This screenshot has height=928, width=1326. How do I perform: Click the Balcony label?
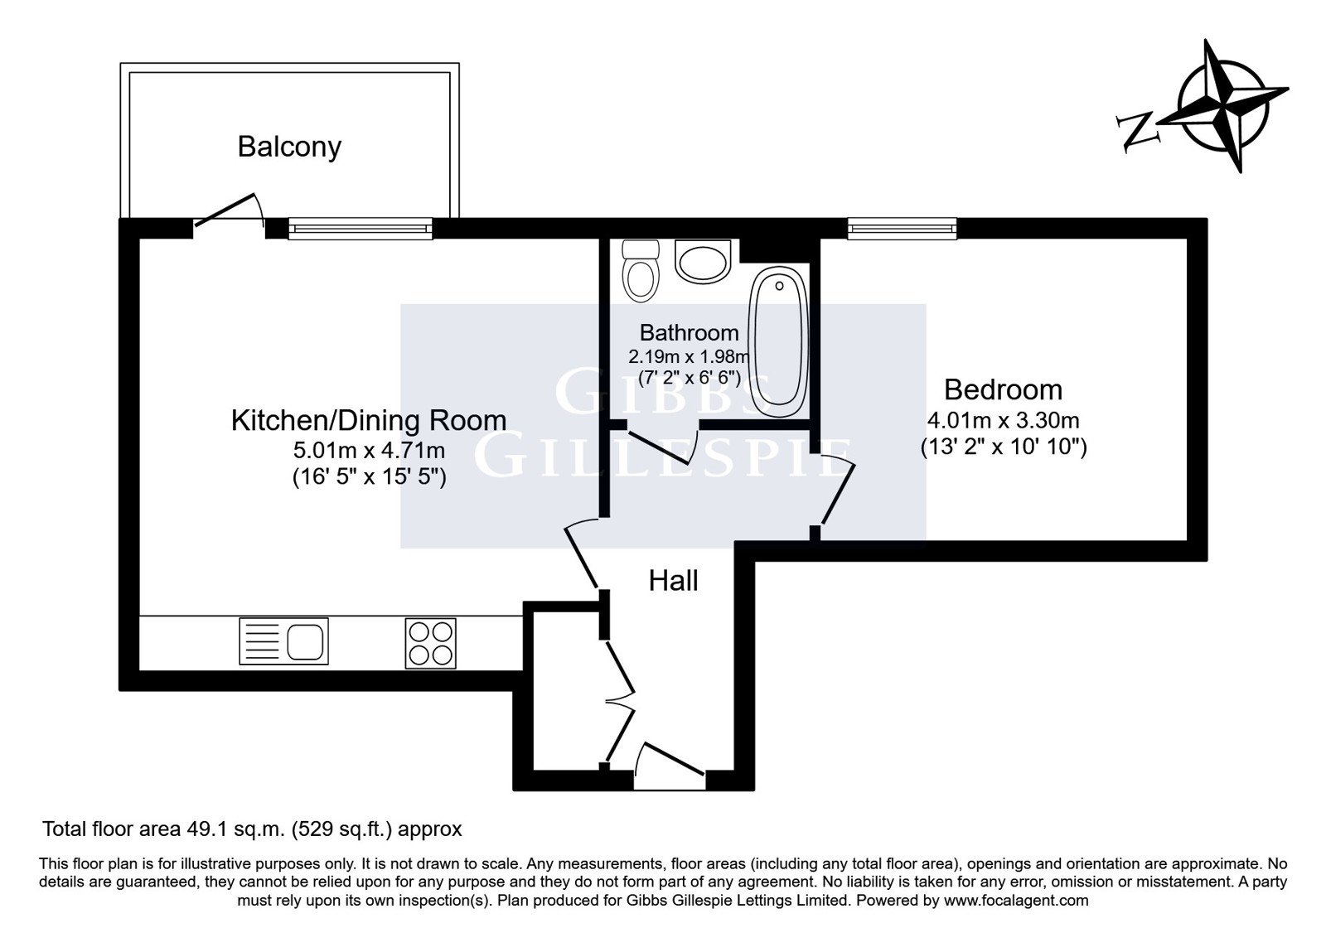click(289, 147)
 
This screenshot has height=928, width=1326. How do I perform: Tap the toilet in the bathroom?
click(641, 270)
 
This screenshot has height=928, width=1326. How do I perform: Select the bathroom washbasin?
click(703, 261)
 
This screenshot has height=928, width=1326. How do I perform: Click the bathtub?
click(778, 342)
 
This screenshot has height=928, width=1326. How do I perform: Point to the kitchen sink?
click(283, 641)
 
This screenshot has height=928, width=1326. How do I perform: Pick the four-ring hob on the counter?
click(430, 643)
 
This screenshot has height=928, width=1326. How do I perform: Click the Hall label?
click(673, 581)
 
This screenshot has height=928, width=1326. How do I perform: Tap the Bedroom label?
click(1004, 390)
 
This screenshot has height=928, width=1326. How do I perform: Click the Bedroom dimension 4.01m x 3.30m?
click(1004, 421)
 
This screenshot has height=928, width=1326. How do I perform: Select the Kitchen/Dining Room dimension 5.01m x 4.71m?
click(370, 451)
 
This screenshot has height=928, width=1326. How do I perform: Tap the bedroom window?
click(902, 229)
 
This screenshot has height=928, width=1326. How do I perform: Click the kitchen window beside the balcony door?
click(360, 229)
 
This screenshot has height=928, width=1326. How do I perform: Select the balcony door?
click(230, 210)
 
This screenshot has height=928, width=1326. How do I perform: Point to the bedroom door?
click(836, 491)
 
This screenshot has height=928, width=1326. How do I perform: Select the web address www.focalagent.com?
click(1016, 901)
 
